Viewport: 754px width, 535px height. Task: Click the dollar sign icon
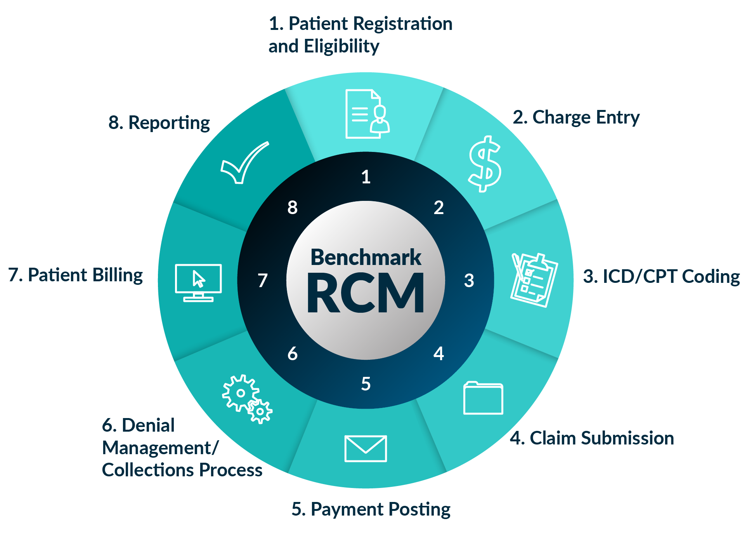point(485,164)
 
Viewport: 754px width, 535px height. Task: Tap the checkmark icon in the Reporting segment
point(244,163)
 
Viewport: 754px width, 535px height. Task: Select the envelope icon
point(366,448)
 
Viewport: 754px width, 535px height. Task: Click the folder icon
point(483,399)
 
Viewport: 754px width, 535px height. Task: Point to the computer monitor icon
point(198,282)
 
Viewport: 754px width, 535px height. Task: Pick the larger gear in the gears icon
point(241,393)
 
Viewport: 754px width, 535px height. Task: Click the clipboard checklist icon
point(534,280)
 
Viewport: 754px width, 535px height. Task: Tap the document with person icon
point(367,114)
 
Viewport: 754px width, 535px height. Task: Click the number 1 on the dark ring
point(366,177)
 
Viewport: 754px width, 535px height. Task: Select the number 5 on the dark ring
point(366,384)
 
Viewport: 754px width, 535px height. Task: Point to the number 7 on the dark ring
point(263,281)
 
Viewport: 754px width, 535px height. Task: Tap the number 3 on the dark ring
point(469,281)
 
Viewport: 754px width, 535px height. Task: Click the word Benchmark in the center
point(366,257)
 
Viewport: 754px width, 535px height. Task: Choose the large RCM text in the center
point(366,293)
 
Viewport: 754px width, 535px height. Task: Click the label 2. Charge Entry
point(576,117)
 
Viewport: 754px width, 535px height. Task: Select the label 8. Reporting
point(159,123)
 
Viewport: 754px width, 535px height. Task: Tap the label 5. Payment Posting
point(371,509)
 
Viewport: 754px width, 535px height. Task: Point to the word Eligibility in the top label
point(341,47)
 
